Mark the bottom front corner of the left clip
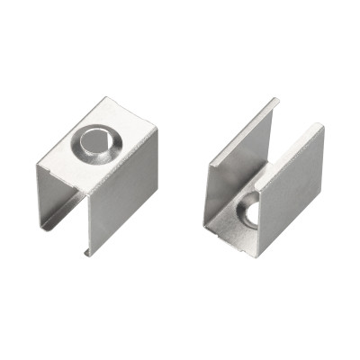point(89,255)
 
